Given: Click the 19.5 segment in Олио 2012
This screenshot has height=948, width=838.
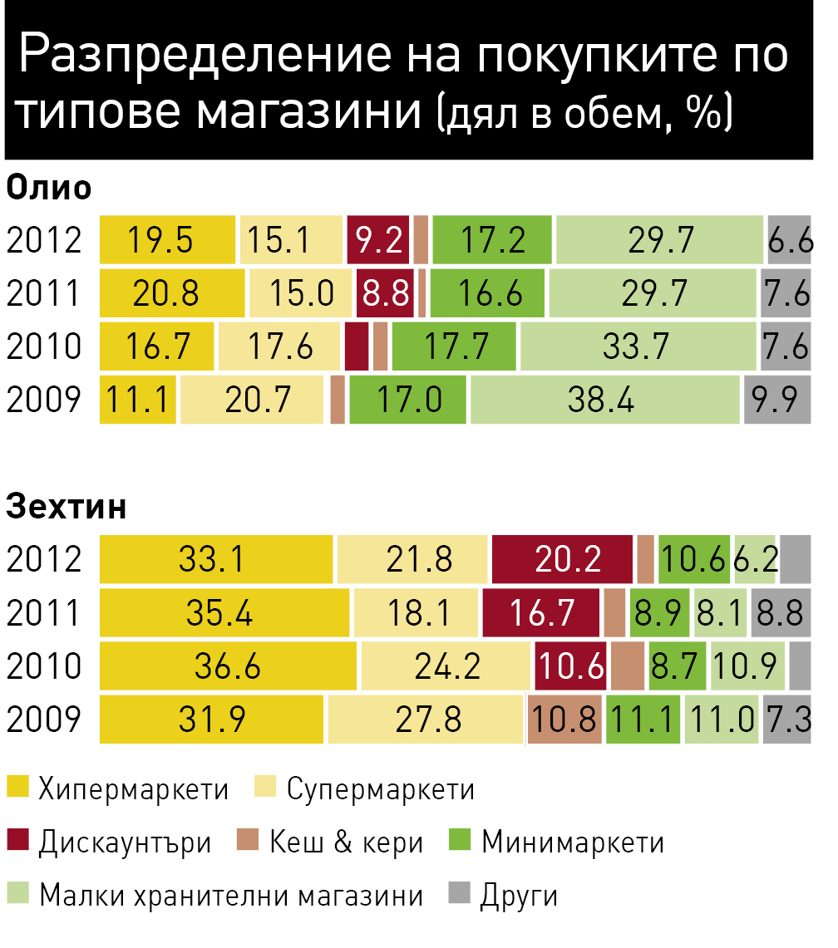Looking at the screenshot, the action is [x=167, y=239].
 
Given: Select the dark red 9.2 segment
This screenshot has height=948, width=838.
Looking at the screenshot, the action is [x=378, y=239].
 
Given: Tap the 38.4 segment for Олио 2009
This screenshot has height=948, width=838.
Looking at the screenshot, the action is [x=605, y=399].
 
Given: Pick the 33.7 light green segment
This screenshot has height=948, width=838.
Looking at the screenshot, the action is [x=638, y=346].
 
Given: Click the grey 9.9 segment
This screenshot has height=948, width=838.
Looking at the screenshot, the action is [x=777, y=399].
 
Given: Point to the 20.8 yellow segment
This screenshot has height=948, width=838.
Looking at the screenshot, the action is [x=172, y=292].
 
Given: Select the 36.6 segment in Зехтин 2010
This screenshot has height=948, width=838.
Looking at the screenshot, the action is [x=228, y=666].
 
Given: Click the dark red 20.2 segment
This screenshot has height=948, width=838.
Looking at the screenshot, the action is [x=562, y=559].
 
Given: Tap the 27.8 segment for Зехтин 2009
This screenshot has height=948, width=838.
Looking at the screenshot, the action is [x=426, y=719].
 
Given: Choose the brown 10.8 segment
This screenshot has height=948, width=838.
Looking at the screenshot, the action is [x=564, y=719].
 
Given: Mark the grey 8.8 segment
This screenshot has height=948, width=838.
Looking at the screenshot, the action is [x=781, y=612].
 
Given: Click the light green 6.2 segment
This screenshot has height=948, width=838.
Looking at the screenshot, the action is [x=755, y=559].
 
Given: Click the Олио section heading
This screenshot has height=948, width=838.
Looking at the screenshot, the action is [x=48, y=188].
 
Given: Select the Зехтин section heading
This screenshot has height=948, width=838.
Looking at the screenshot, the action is [x=66, y=507].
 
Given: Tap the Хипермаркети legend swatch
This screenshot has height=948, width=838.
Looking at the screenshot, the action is [x=18, y=787].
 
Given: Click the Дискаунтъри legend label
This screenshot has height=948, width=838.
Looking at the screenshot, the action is [x=126, y=842].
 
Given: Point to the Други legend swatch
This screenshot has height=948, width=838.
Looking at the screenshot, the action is [x=459, y=893].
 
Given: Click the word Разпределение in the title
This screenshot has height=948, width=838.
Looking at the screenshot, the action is [x=205, y=54].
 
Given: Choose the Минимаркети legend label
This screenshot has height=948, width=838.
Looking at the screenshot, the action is [x=573, y=842].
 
